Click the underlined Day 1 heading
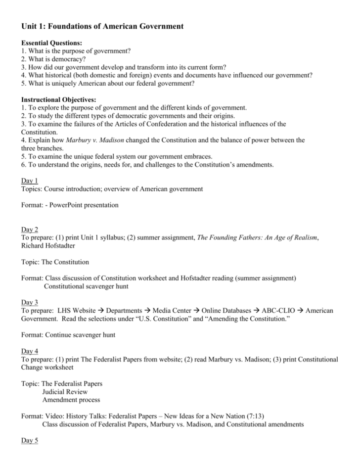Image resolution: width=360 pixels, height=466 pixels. coord(29,181)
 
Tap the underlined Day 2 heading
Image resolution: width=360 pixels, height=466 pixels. coord(29,229)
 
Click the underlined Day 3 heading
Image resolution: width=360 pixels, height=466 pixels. coord(29,302)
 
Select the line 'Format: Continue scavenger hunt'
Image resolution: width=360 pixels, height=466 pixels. coord(68,334)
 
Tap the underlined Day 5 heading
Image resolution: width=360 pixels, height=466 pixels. coord(29,440)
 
